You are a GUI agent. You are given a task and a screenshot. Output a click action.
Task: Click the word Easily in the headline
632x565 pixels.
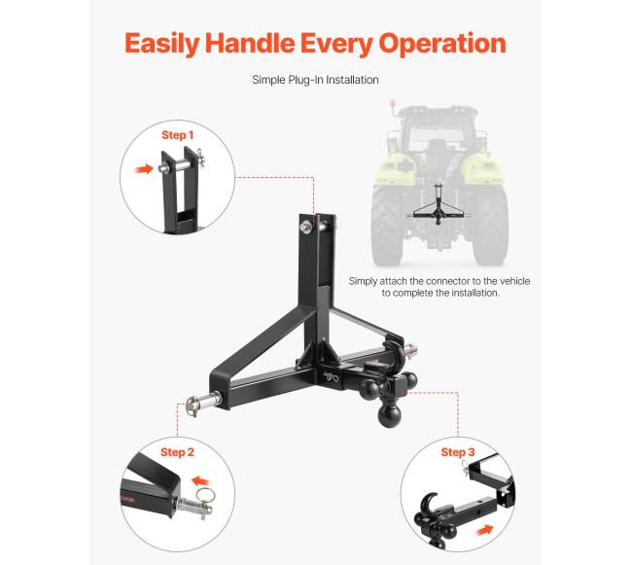pyautogui.click(x=161, y=44)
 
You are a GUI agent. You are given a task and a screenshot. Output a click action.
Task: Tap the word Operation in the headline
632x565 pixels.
pyautogui.click(x=442, y=44)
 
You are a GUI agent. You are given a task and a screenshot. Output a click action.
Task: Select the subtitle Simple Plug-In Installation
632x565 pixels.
pyautogui.click(x=315, y=80)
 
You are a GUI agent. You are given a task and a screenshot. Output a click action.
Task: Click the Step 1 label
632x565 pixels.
pyautogui.click(x=177, y=135)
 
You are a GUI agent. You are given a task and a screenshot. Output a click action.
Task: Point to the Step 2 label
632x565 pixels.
pyautogui.click(x=177, y=452)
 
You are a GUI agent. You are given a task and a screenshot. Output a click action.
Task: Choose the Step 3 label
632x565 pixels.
pyautogui.click(x=458, y=452)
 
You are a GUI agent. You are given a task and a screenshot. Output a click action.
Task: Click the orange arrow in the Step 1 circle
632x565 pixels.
pyautogui.click(x=144, y=169)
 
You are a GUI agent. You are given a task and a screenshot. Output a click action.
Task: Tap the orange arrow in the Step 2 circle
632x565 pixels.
pyautogui.click(x=201, y=481)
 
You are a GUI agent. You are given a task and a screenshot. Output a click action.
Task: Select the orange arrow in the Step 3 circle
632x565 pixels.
pyautogui.click(x=485, y=530)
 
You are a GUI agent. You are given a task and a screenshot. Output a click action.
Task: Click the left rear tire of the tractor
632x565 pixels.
pyautogui.click(x=387, y=226)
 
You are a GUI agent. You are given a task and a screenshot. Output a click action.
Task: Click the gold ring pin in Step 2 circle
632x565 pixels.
pyautogui.click(x=205, y=497)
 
